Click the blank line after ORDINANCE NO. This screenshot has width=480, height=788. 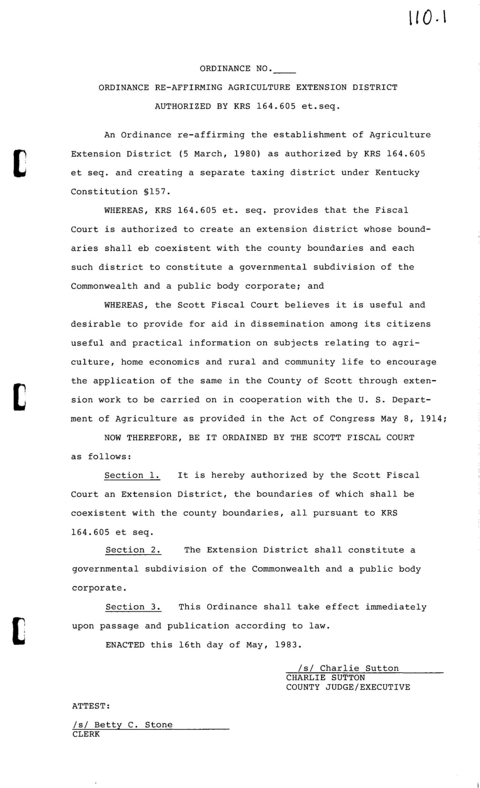[284, 70]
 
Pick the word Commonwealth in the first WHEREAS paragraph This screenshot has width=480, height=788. [105, 286]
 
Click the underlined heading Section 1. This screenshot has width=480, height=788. [132, 475]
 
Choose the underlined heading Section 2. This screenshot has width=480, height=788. [134, 550]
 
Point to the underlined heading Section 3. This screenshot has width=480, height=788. [134, 607]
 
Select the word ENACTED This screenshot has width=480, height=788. [125, 645]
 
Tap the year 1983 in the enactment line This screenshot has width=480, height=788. [286, 645]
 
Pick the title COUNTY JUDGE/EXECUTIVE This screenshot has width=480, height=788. [348, 687]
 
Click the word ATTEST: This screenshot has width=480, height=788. [91, 705]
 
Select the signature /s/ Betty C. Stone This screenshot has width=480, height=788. [123, 725]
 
